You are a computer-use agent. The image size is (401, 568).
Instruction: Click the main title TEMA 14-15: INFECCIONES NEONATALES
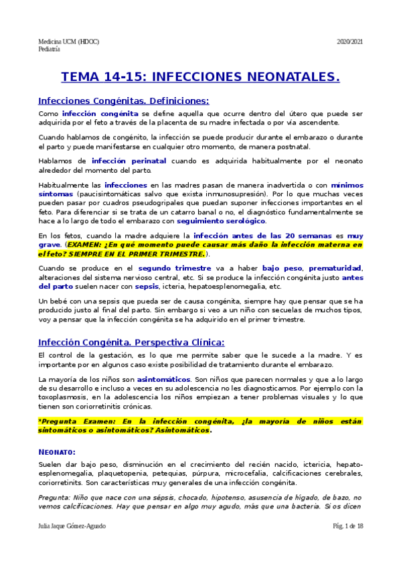coord(200,78)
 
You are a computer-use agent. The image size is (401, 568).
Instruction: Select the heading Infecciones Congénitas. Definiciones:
coord(124,100)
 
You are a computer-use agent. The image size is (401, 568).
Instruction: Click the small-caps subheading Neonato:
coord(57,452)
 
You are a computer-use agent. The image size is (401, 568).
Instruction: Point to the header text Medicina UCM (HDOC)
coord(69,42)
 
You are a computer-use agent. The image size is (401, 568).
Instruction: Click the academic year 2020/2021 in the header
coord(349,42)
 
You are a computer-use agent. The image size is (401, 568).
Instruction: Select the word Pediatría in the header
coord(50,50)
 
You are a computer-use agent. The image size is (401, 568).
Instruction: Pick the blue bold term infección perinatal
coord(129,161)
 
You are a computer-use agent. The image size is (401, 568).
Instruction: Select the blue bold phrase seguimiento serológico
coord(221,220)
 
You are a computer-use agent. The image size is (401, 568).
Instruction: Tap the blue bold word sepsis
coord(146,286)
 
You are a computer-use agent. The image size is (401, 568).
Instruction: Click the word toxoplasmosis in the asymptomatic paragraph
coord(63,397)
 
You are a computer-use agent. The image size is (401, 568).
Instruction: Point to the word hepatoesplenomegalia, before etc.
coord(231,286)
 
